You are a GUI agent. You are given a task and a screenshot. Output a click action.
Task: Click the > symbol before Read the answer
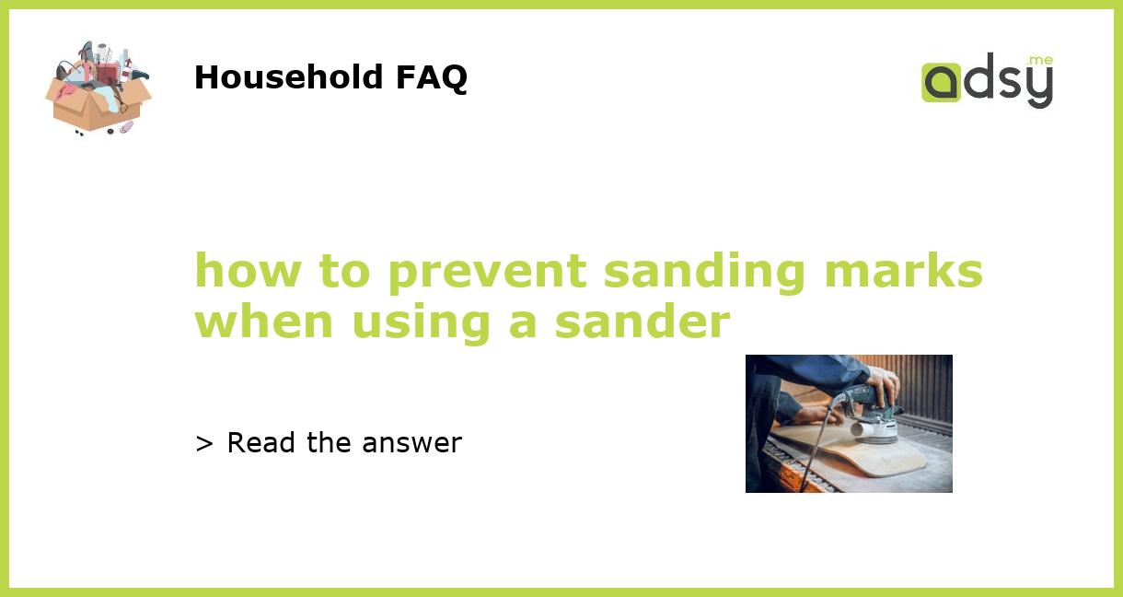tap(204, 443)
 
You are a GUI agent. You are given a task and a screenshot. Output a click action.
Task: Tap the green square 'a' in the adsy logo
tap(941, 82)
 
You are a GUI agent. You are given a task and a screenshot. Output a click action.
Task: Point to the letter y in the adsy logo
tap(1038, 88)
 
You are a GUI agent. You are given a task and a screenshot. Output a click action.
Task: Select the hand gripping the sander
tap(882, 381)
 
